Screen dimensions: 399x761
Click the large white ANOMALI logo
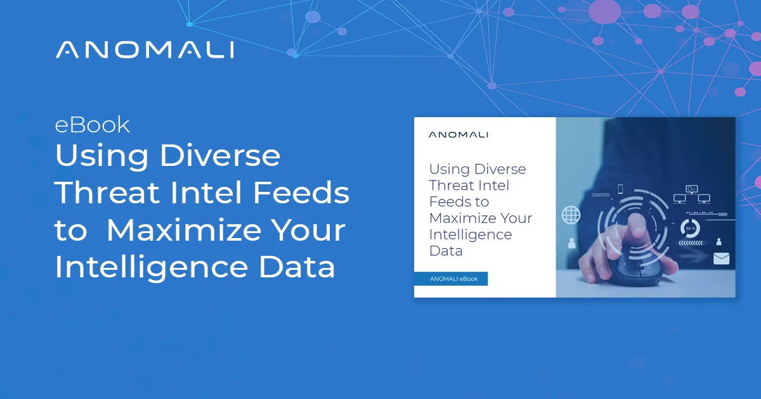tap(145, 50)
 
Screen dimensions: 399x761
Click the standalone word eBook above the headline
tap(93, 125)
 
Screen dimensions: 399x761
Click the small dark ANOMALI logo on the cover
tap(459, 134)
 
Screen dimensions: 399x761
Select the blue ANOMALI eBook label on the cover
tap(451, 279)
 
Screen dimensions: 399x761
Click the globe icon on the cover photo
tap(571, 215)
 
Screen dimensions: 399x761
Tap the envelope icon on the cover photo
tap(721, 258)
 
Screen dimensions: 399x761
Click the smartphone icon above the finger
tap(621, 189)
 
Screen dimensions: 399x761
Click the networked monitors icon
tap(691, 194)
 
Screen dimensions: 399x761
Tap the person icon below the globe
tap(571, 243)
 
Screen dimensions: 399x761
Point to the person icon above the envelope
tap(719, 241)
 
